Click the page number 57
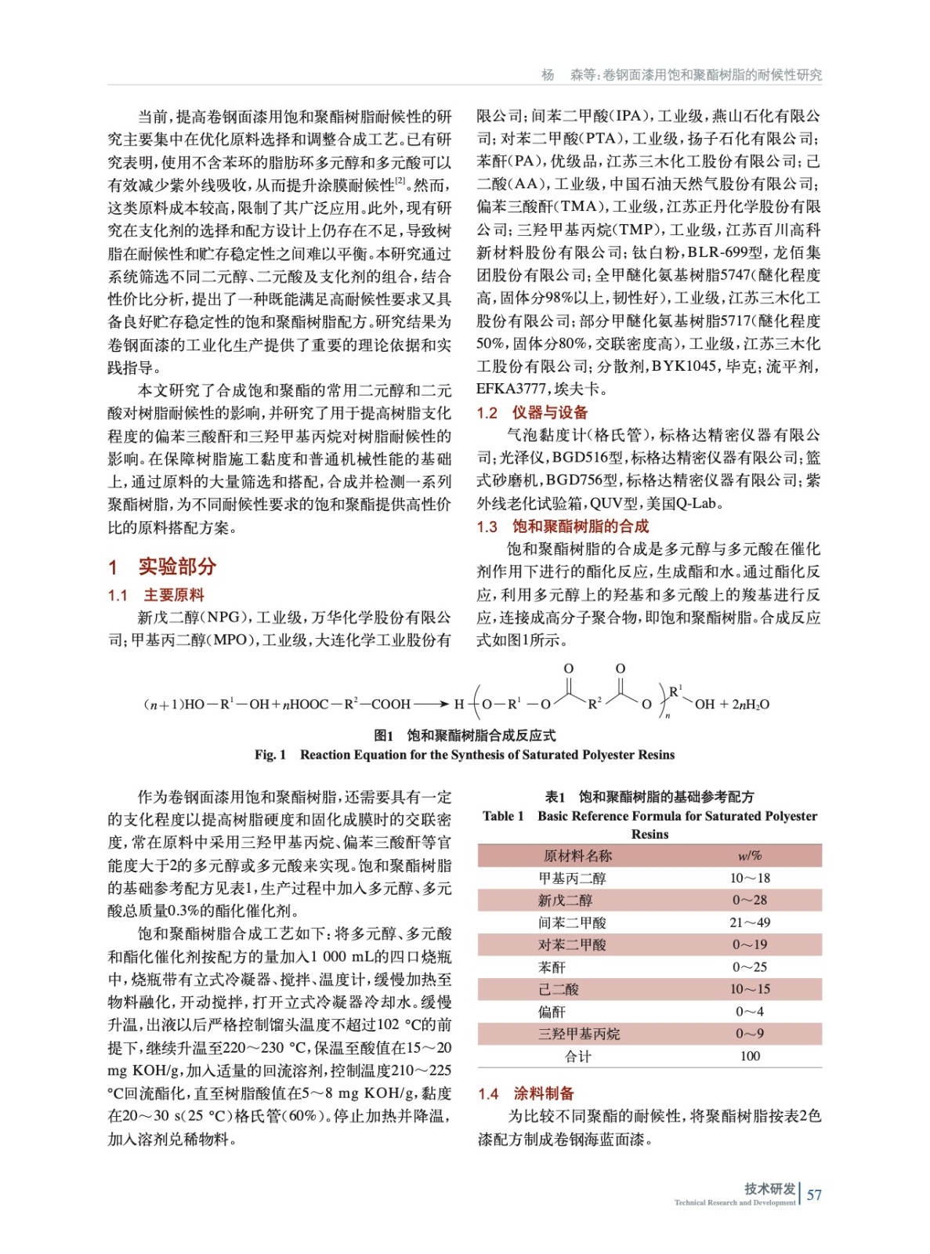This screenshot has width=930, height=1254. [x=814, y=1194]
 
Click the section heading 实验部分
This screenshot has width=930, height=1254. [x=176, y=566]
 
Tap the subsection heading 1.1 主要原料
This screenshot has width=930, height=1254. [x=156, y=595]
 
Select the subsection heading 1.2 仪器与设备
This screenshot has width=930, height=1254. [x=532, y=412]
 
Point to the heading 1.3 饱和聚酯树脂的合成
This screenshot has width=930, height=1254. [x=563, y=526]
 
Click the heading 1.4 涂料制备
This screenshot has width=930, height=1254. [x=526, y=1093]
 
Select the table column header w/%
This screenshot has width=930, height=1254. [x=749, y=856]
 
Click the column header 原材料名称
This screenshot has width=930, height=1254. [x=577, y=856]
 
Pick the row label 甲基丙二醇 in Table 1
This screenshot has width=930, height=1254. [x=572, y=878]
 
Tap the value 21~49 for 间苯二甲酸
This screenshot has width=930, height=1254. [x=749, y=922]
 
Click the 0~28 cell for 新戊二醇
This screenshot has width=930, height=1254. [x=749, y=900]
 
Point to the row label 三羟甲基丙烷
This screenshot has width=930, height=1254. [x=578, y=1034]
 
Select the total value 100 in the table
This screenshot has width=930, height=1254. [x=750, y=1056]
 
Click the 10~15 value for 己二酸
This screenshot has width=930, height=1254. [x=749, y=989]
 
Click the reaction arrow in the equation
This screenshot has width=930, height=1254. [x=431, y=704]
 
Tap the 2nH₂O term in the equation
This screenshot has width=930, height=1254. [x=751, y=704]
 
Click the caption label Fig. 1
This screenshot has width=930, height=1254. [x=270, y=755]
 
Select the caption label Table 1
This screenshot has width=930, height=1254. [x=503, y=816]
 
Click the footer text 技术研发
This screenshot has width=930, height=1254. [x=769, y=1188]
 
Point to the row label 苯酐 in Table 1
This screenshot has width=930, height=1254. [x=552, y=967]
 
